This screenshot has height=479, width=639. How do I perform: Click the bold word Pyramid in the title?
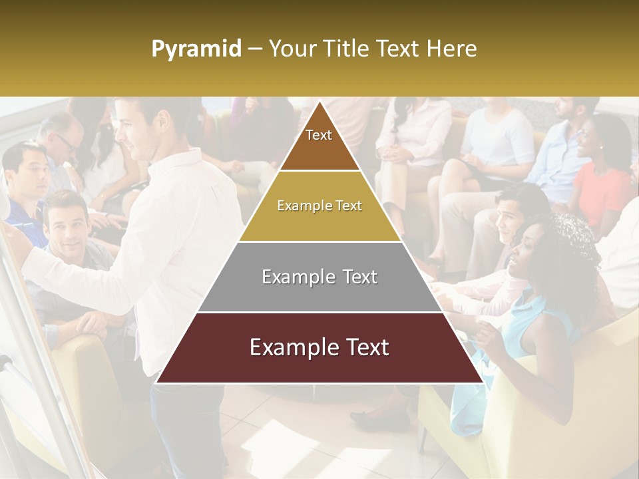coord(196,49)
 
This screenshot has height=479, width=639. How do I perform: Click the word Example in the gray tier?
coord(290,277)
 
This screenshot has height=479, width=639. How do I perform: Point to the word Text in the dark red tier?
coord(364,348)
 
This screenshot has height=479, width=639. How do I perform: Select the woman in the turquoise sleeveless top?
coord(532,313)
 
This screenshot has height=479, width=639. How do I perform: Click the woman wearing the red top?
coord(602,180)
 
